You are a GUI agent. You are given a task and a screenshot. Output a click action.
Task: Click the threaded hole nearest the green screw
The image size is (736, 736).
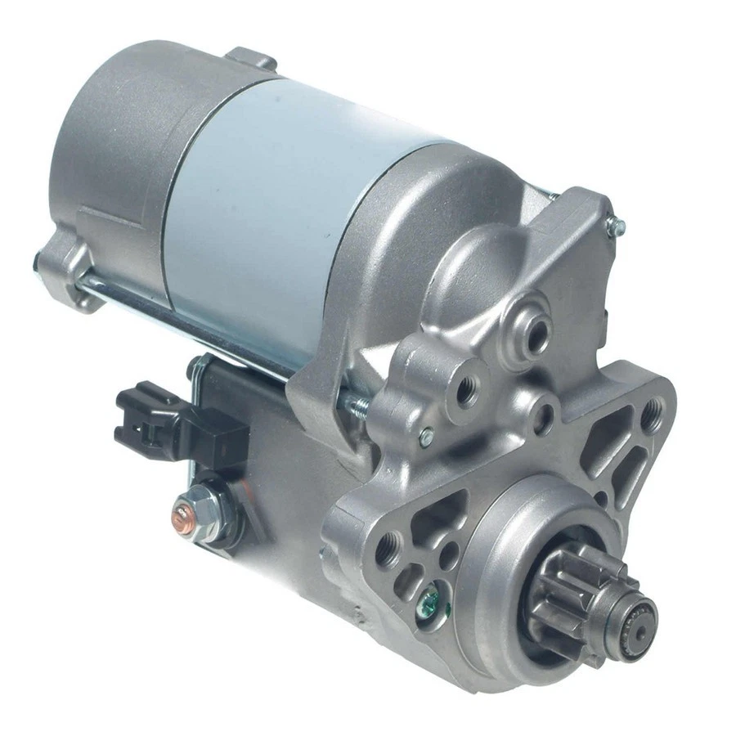tap(390, 543)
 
